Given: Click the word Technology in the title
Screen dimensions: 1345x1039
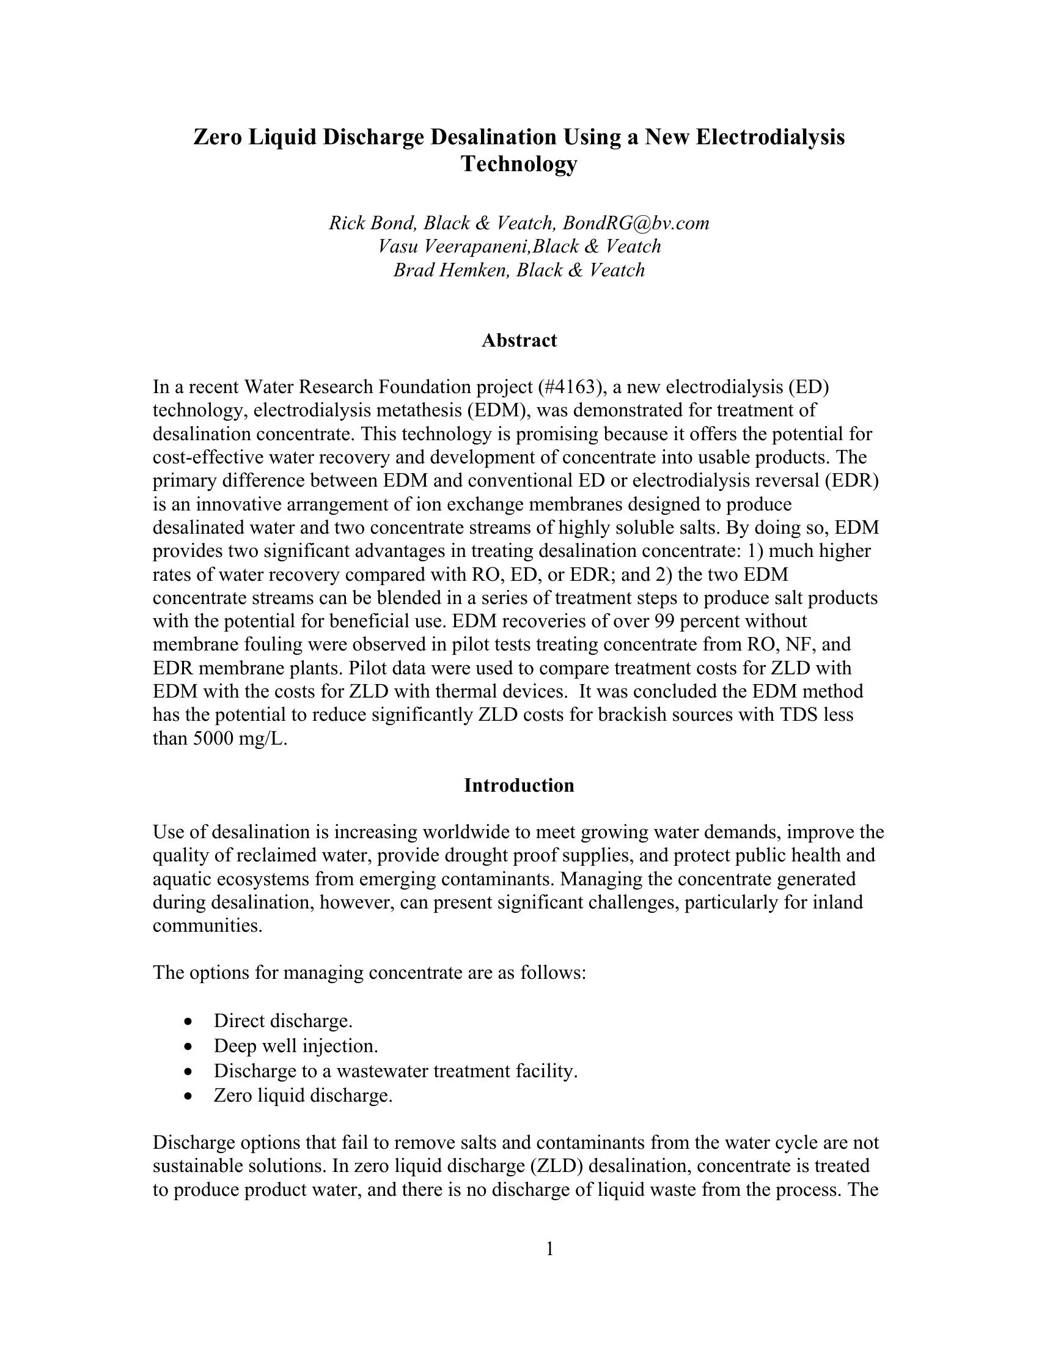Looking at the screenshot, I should coord(519,164).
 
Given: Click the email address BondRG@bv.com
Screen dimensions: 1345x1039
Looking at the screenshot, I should coord(636,223).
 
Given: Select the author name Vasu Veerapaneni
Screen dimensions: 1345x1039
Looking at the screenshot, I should coord(452,246).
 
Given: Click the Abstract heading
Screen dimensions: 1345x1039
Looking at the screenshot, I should coord(519,341).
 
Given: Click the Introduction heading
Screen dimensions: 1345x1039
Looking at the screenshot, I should coord(519,785).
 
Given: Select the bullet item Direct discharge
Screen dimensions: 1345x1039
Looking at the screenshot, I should coord(282,1021).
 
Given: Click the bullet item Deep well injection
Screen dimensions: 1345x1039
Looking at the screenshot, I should coord(295,1045).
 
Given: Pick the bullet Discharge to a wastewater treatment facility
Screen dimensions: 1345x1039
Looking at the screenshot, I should coord(395,1071).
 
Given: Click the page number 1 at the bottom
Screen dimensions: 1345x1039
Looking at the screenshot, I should coord(549,1249).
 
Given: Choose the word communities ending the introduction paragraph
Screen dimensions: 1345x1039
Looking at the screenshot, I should coord(207,926).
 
